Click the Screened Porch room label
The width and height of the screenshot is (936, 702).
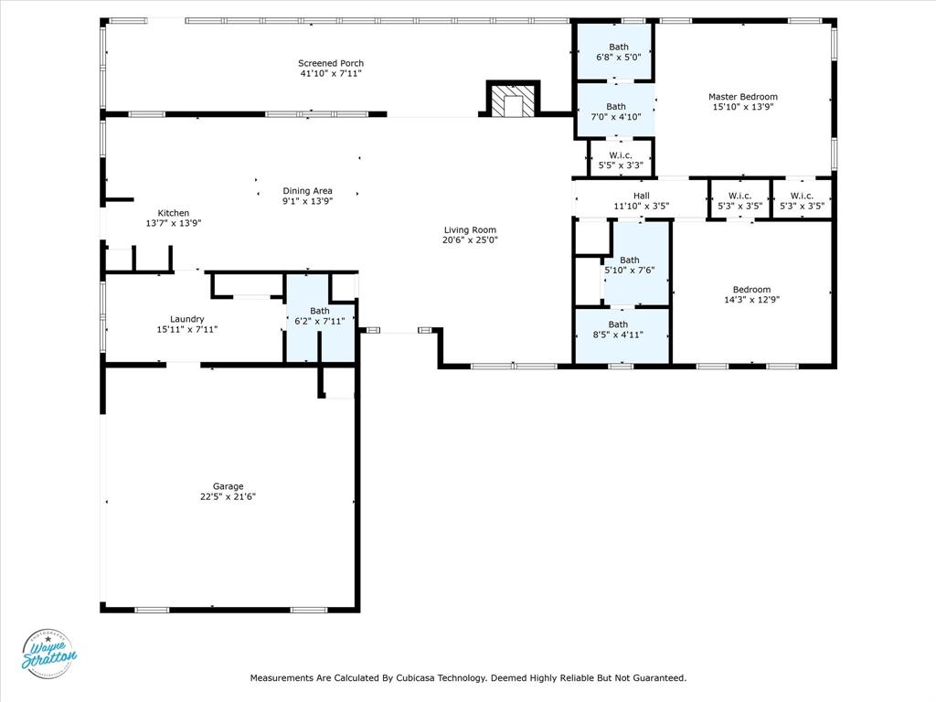(330, 63)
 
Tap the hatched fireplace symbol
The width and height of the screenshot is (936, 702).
(511, 101)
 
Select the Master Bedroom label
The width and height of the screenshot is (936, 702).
(742, 97)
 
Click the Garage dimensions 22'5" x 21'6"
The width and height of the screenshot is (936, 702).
(228, 496)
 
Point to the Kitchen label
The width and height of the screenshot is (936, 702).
(173, 213)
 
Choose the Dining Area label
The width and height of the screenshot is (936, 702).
(307, 190)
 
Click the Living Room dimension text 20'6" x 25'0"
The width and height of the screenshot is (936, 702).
(471, 240)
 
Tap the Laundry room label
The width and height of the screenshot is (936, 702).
(186, 319)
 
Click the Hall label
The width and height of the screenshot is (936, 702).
(641, 196)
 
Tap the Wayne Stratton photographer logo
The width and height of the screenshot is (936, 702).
(48, 654)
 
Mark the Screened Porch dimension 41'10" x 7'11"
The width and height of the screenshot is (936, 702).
(330, 73)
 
